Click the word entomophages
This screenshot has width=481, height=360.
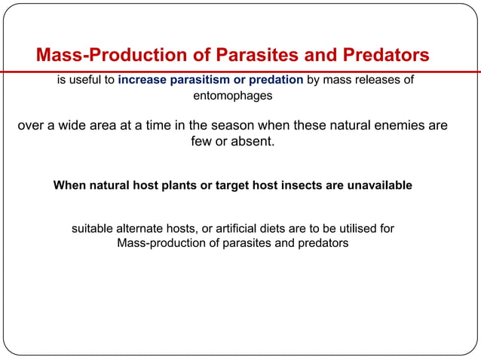point(233,96)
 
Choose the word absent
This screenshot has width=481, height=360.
point(252,142)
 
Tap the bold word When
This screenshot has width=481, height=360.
point(70,185)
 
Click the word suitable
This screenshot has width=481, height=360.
point(93,227)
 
